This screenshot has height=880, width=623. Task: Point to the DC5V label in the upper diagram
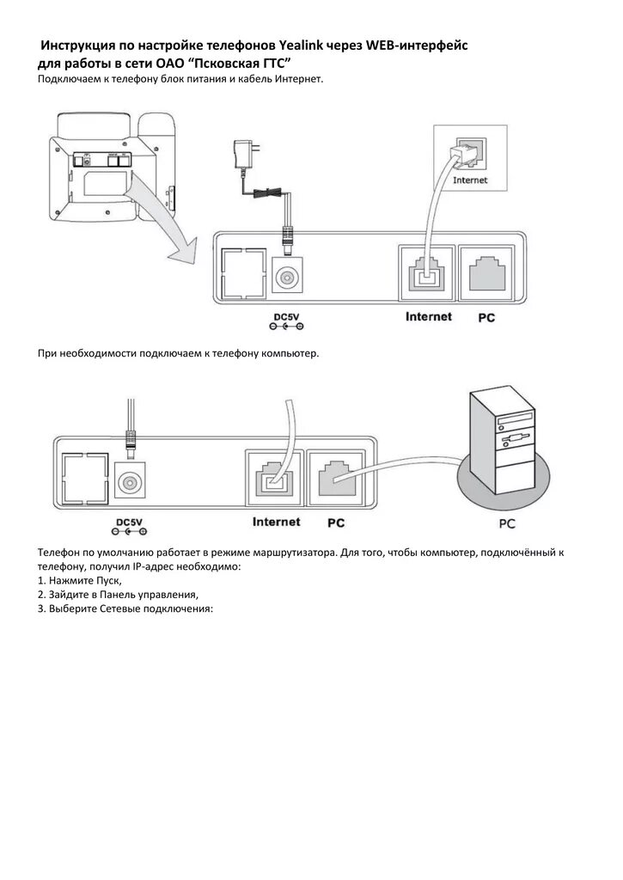coord(286,317)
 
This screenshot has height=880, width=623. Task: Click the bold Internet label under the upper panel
coord(428,317)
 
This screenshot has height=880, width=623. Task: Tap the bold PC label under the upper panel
coord(486,318)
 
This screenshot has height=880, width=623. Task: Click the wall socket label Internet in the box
coord(469,180)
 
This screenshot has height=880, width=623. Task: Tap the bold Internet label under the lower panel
coord(276,522)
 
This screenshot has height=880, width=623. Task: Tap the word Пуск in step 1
coord(97,581)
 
